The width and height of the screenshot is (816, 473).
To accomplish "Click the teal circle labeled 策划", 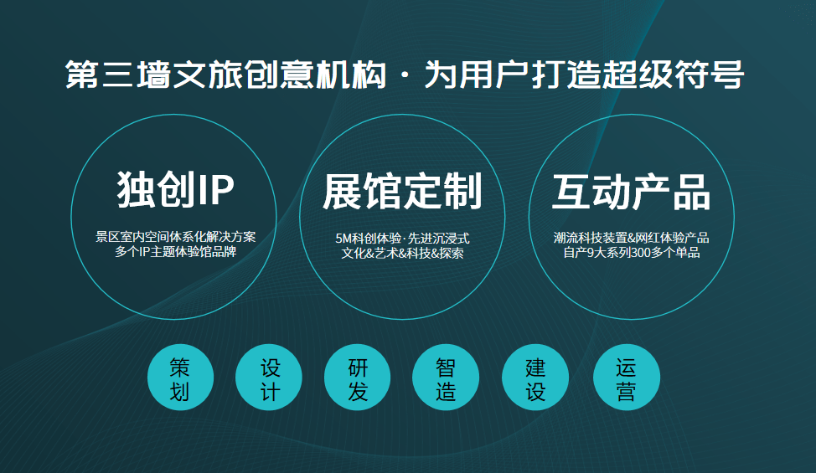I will (x=179, y=378).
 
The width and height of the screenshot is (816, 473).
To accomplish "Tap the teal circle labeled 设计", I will (x=269, y=378).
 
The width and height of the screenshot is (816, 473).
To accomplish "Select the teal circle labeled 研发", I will (x=358, y=378).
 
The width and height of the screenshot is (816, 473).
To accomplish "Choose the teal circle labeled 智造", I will (x=447, y=378).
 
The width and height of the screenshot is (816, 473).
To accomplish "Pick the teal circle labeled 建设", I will (x=535, y=378).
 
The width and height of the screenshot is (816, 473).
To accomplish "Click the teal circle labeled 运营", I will (x=626, y=378).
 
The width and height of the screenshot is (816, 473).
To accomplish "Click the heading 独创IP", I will (x=175, y=190).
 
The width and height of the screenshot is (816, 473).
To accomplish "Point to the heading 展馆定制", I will (x=402, y=192).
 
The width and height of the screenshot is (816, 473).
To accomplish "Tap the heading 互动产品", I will (x=631, y=192).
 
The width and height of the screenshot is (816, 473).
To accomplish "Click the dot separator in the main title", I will (x=405, y=76).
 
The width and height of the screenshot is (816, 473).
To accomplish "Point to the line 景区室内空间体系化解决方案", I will (x=175, y=237).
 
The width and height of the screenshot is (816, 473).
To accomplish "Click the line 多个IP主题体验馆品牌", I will (x=175, y=251).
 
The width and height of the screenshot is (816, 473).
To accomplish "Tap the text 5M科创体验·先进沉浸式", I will (x=402, y=238).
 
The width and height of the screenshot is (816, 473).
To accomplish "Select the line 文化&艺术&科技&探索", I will (x=402, y=252).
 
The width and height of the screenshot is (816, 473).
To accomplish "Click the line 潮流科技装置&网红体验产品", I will (x=631, y=238).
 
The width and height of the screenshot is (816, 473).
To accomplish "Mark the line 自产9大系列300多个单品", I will (x=631, y=252).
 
